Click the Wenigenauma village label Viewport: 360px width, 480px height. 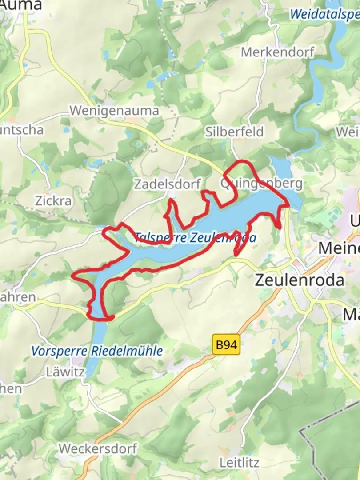pyautogui.click(x=115, y=111)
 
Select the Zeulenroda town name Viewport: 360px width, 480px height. pyautogui.click(x=300, y=280)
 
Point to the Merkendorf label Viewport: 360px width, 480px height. pyautogui.click(x=277, y=52)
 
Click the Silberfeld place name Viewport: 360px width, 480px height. pyautogui.click(x=235, y=132)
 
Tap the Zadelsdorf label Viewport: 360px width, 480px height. pyautogui.click(x=168, y=184)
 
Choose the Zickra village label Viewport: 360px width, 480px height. pyautogui.click(x=53, y=201)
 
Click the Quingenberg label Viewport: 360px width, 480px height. pyautogui.click(x=261, y=183)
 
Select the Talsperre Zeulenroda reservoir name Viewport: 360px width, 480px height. pyautogui.click(x=196, y=238)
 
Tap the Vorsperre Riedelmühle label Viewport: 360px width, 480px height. pyautogui.click(x=97, y=351)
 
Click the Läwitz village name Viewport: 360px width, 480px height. pyautogui.click(x=65, y=372)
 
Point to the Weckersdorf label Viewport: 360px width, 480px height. pyautogui.click(x=98, y=448)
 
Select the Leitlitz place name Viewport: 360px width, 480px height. pyautogui.click(x=239, y=463)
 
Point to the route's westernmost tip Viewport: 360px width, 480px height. pyautogui.click(x=72, y=276)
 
